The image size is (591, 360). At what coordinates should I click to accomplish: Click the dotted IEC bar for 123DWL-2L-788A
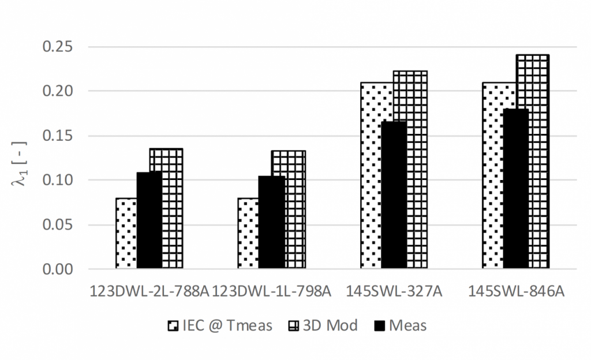click(126, 234)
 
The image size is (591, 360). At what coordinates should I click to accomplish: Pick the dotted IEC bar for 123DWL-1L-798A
click(248, 234)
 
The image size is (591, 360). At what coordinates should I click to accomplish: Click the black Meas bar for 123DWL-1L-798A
click(271, 223)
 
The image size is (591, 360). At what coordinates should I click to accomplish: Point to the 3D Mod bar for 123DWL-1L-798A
click(294, 210)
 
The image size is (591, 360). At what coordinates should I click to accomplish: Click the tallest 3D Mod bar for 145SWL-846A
click(538, 162)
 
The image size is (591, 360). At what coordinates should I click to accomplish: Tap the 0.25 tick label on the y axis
click(59, 47)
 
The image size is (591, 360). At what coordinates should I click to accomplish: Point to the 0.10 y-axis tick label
click(59, 180)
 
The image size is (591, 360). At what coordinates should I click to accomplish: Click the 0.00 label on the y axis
click(59, 269)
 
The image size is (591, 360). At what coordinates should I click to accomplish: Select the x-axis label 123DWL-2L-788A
click(149, 291)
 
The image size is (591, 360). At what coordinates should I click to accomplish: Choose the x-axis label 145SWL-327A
click(394, 291)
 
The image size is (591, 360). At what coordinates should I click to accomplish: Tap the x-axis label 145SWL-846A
click(516, 291)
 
